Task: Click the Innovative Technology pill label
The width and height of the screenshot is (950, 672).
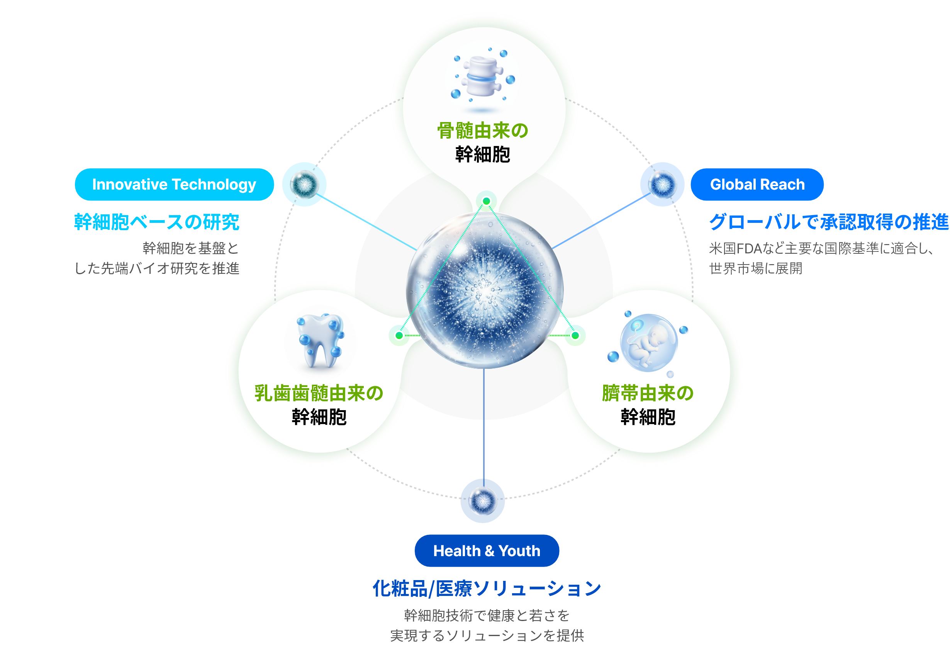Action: point(174,185)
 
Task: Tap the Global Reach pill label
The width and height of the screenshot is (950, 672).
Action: point(757,185)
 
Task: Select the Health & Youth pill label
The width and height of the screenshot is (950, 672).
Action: point(487,551)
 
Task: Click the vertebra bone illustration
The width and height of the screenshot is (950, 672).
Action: point(482,76)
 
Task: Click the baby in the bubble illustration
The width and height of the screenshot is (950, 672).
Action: point(648,343)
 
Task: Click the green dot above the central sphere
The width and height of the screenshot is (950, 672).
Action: point(487,201)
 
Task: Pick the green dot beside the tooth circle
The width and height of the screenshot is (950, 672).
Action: point(399,335)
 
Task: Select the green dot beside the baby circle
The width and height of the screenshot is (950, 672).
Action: point(575,335)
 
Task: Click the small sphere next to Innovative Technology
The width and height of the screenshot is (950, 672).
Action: point(304,184)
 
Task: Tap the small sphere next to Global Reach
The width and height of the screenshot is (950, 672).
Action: point(662,184)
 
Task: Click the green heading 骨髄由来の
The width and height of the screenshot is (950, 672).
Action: point(483,131)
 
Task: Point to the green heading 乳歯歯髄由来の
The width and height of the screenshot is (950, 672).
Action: point(319,393)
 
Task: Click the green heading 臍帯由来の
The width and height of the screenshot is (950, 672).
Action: point(648,393)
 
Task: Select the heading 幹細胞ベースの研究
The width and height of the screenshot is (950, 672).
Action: point(157,222)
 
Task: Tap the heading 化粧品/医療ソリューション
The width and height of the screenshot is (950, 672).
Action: point(487,589)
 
